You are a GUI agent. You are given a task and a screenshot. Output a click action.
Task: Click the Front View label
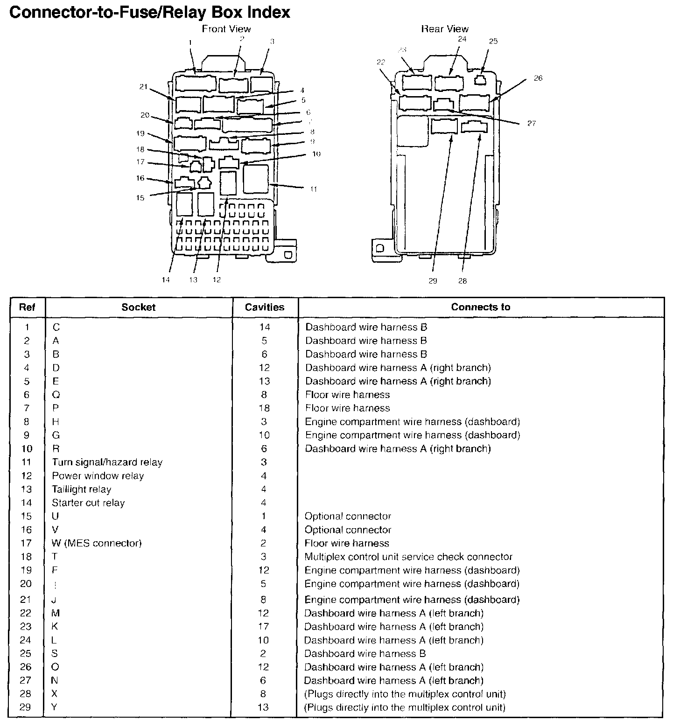click(226, 29)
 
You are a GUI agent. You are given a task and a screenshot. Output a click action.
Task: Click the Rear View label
click(444, 29)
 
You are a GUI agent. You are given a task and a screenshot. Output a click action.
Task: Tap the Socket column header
click(138, 307)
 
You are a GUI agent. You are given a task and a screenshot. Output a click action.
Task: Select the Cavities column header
click(265, 307)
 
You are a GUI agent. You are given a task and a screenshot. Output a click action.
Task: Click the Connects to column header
click(480, 307)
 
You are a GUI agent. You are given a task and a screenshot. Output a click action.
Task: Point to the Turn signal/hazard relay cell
click(107, 462)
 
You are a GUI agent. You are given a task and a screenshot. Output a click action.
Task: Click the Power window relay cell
click(98, 476)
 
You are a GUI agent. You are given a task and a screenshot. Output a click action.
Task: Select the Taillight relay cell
click(81, 489)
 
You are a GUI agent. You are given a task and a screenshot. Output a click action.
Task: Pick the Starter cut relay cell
click(88, 503)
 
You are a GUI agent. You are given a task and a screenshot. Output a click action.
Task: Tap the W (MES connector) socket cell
click(97, 543)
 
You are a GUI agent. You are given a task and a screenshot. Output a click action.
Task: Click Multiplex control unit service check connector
click(408, 557)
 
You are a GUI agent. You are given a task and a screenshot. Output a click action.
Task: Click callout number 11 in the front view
click(314, 189)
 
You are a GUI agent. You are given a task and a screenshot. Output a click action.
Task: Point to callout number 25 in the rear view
click(493, 41)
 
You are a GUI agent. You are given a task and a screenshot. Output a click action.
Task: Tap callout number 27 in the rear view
click(532, 123)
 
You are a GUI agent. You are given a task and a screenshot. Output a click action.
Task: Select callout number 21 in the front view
click(143, 86)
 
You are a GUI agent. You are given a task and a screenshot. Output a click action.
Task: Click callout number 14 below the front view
click(166, 280)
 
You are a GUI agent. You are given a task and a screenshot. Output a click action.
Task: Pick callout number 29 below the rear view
click(433, 281)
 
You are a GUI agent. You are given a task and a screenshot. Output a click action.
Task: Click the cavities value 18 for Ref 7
click(264, 408)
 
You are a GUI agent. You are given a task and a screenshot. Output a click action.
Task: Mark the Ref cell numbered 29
click(25, 707)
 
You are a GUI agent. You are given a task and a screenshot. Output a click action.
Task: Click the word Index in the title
click(270, 12)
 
